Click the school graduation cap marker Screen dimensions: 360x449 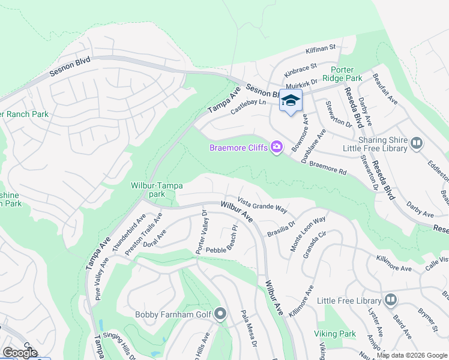tap(291, 101)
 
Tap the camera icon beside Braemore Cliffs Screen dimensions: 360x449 tap(277, 147)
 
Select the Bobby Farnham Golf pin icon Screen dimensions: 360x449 tap(220, 313)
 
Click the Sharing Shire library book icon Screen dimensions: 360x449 tap(417, 143)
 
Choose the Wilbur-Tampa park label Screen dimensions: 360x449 tap(157, 190)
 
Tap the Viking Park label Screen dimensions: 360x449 tap(335, 334)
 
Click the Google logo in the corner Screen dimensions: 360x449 tap(20, 353)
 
